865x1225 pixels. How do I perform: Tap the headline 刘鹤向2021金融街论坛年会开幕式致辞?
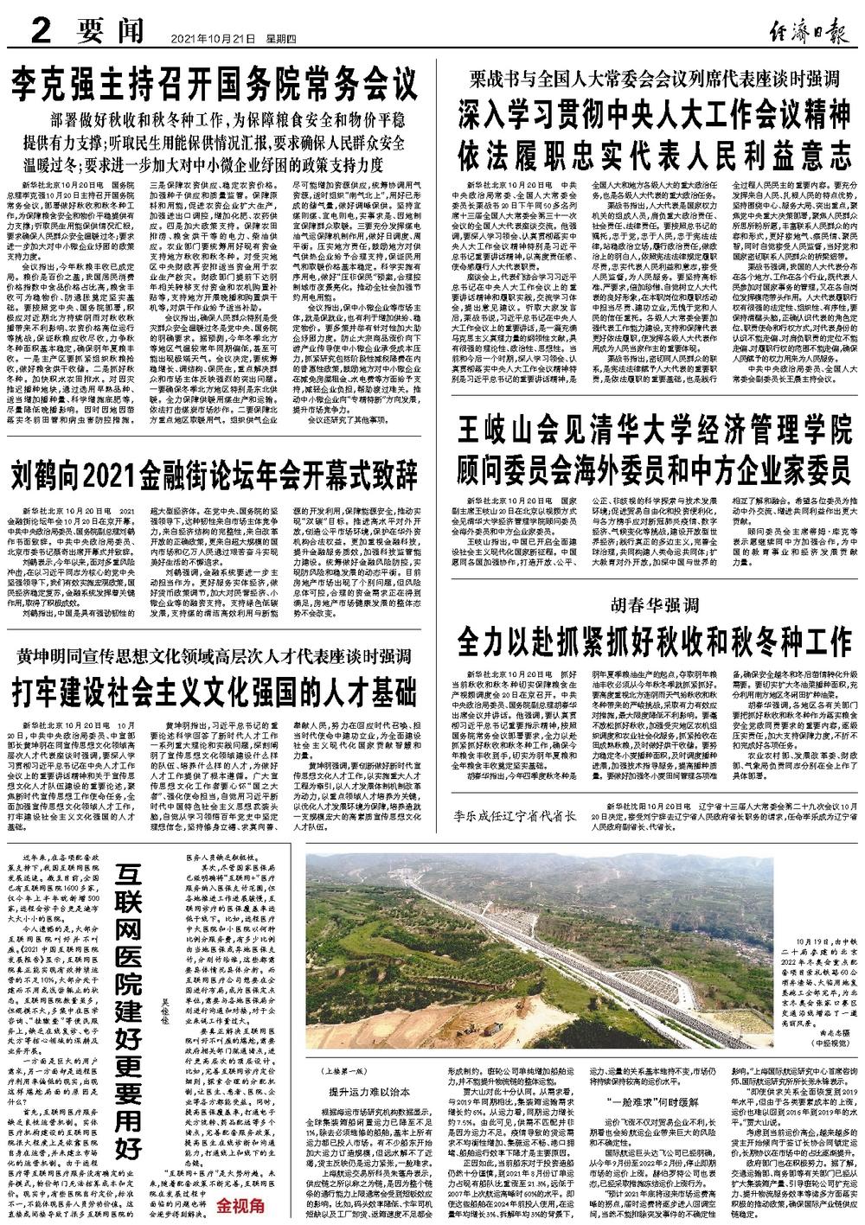215,475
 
